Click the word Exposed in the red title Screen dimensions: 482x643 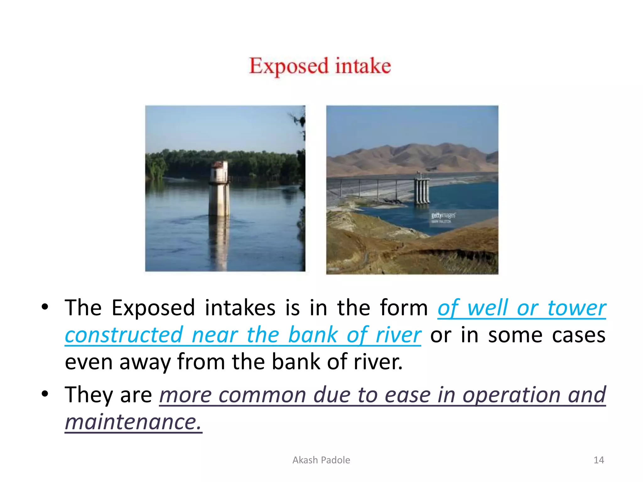click(x=289, y=66)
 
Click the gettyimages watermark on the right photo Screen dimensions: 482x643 click(x=443, y=216)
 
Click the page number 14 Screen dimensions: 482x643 click(x=598, y=460)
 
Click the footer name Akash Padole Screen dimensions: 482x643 click(x=321, y=460)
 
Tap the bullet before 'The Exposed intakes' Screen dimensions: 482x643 click(x=45, y=307)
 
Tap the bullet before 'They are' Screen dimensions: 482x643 click(x=45, y=394)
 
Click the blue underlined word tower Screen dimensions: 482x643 click(x=576, y=308)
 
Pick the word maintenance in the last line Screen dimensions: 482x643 click(x=133, y=422)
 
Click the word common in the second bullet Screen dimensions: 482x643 click(x=262, y=395)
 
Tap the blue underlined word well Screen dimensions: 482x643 click(x=488, y=308)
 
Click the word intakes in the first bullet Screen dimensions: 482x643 click(x=240, y=308)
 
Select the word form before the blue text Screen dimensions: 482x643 click(x=404, y=308)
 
